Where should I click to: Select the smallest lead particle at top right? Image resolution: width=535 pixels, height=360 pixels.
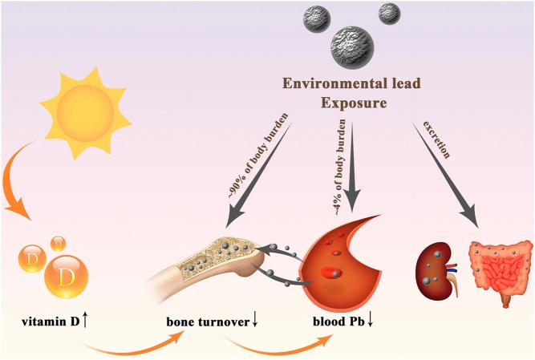click(389, 14)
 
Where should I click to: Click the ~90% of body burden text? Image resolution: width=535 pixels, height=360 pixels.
click(256, 164)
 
